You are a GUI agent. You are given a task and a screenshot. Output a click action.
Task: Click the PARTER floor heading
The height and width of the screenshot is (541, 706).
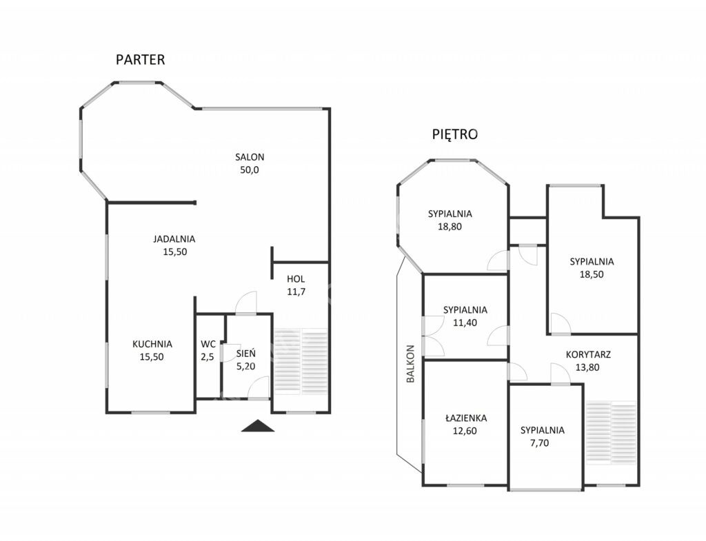coord(140,59)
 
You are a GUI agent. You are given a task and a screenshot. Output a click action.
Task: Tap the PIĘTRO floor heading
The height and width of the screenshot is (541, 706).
coord(455,134)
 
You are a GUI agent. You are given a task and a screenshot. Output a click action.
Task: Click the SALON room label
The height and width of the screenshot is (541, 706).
coord(250,157)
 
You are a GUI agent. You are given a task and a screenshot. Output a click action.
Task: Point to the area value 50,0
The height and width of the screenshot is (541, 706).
coord(250,170)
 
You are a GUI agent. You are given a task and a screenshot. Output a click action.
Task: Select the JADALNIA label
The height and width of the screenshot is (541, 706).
coord(174,239)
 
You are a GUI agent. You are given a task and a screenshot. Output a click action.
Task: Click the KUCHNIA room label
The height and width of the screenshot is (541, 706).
coord(152,344)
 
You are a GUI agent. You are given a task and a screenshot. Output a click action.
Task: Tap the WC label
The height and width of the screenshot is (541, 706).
coord(208,345)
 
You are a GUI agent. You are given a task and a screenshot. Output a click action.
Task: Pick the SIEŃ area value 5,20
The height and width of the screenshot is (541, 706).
coord(246,367)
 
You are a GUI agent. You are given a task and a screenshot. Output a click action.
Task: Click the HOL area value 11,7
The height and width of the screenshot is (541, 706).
coord(296,292)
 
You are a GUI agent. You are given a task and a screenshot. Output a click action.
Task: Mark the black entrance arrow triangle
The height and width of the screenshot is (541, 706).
coord(258,426)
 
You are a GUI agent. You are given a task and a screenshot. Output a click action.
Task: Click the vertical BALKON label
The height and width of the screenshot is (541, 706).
coord(410,364)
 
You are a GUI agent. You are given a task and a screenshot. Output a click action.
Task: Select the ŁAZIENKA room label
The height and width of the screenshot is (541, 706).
coord(466,418)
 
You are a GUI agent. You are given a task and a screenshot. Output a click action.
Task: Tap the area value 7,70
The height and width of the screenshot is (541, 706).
coord(539,443)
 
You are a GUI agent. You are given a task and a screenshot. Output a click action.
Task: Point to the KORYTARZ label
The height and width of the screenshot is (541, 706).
coord(588,355)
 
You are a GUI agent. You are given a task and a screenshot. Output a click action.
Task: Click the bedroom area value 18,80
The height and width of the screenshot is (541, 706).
coord(450,226)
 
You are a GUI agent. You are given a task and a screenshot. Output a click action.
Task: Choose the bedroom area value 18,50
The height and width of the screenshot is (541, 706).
coord(592,274)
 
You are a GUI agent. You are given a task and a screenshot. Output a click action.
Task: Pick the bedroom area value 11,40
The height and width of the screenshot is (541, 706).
coord(465,323)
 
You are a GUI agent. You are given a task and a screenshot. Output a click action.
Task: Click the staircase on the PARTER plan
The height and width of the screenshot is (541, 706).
coord(301,362)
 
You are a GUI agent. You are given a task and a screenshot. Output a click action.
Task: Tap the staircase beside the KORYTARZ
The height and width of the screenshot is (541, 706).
coord(612,433)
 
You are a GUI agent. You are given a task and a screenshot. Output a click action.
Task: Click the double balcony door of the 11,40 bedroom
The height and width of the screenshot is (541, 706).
coord(432,334)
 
